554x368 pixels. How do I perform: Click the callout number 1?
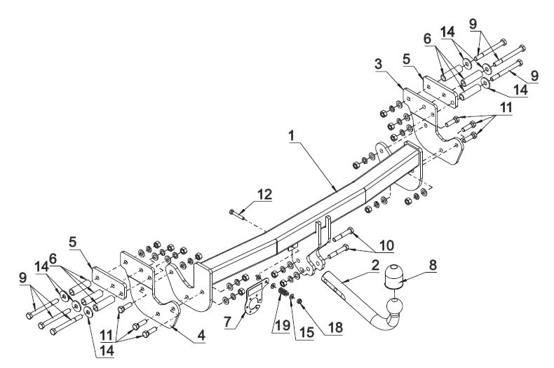pyautogui.click(x=292, y=135)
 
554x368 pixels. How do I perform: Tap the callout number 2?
pyautogui.click(x=375, y=265)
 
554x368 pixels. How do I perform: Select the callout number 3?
pyautogui.click(x=379, y=64)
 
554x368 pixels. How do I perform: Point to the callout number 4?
pyautogui.click(x=201, y=335)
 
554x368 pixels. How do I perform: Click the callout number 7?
pyautogui.click(x=228, y=322)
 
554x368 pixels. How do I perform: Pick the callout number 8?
pyautogui.click(x=433, y=265)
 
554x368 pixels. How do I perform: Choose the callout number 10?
pyautogui.click(x=387, y=245)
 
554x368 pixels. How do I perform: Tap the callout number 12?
pyautogui.click(x=265, y=195)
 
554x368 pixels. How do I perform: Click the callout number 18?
pyautogui.click(x=335, y=327)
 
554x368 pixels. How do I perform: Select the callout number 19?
pyautogui.click(x=283, y=325)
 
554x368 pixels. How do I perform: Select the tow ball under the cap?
pyautogui.click(x=394, y=306)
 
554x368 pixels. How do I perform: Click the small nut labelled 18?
pyautogui.click(x=300, y=301)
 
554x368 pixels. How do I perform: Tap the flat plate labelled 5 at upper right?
pyautogui.click(x=440, y=92)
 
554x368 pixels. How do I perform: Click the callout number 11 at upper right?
pyautogui.click(x=506, y=108)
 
